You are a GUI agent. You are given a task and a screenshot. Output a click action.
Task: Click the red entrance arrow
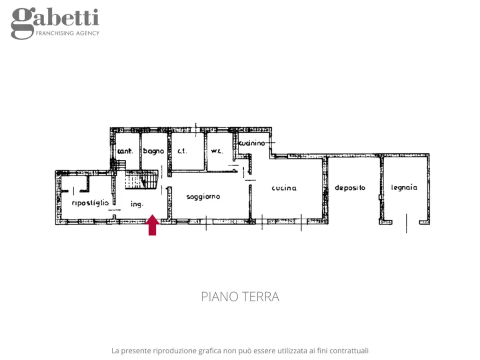point(152,225)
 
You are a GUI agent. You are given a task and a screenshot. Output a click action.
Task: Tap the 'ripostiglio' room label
point(90,202)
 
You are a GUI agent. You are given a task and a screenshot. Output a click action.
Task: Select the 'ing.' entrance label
point(137,204)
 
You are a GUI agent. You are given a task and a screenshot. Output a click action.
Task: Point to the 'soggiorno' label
point(203,196)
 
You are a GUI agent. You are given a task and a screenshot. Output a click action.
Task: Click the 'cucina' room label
point(284,188)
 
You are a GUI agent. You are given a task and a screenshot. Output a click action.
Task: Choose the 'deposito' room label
point(350,188)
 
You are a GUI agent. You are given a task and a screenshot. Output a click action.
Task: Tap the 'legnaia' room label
point(404,188)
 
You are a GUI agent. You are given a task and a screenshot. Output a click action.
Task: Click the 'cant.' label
point(125,151)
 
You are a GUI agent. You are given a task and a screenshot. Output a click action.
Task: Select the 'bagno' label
point(153,151)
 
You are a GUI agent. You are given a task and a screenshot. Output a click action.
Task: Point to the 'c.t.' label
point(182,151)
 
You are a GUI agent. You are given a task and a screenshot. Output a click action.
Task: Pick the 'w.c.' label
point(216,151)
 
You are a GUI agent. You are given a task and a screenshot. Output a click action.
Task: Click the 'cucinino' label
point(251,143)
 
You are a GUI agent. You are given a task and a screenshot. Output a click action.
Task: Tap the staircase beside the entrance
point(141,180)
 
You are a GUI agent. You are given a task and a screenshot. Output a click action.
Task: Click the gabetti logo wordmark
point(55,19)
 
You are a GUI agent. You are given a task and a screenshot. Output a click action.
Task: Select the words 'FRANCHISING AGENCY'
point(67,33)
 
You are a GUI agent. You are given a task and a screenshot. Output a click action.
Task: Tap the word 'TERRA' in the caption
point(260,296)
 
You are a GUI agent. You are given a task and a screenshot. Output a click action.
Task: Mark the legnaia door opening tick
point(406,222)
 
